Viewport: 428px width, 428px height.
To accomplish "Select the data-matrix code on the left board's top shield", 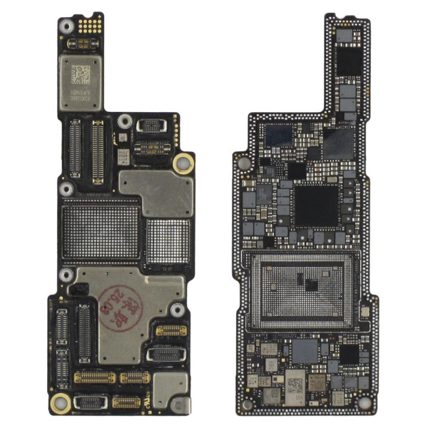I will [81, 73].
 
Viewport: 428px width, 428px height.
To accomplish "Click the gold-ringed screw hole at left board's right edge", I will [183, 162].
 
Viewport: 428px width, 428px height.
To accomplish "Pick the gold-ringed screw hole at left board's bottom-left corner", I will [61, 402].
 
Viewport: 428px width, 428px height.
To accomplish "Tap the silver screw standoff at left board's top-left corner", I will [66, 26].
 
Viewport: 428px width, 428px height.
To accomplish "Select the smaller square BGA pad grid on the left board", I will [168, 240].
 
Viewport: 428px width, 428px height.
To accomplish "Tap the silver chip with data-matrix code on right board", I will [293, 384].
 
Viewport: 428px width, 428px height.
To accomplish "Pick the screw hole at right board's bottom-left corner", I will [248, 404].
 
